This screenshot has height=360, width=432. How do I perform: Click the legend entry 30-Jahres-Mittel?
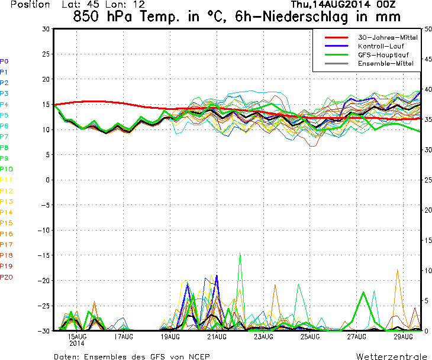(x=388, y=37)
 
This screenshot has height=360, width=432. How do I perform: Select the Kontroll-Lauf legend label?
(x=381, y=46)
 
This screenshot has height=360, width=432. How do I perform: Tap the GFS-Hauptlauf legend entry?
(x=383, y=55)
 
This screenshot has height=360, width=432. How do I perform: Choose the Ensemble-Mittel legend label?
(x=386, y=64)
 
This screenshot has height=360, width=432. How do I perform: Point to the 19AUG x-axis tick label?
(x=170, y=336)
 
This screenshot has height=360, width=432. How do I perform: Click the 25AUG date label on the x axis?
(x=310, y=336)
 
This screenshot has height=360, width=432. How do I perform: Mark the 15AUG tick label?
(x=77, y=336)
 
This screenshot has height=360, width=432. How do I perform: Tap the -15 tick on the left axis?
(x=44, y=255)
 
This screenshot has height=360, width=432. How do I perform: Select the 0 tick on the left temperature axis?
(x=48, y=180)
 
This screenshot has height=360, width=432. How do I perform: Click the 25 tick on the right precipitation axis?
(x=428, y=180)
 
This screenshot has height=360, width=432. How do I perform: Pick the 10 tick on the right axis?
(x=428, y=271)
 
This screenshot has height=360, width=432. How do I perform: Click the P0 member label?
(x=4, y=61)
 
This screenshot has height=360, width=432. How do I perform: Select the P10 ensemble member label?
(x=7, y=169)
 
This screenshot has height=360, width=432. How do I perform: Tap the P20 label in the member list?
(x=7, y=277)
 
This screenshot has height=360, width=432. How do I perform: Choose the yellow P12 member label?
(x=7, y=191)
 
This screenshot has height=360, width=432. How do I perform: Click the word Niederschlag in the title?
(x=305, y=17)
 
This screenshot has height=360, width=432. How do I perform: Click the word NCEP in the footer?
(x=199, y=356)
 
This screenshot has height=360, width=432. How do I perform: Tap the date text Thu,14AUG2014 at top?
(x=331, y=4)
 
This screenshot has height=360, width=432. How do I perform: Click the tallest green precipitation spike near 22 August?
(x=240, y=253)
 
